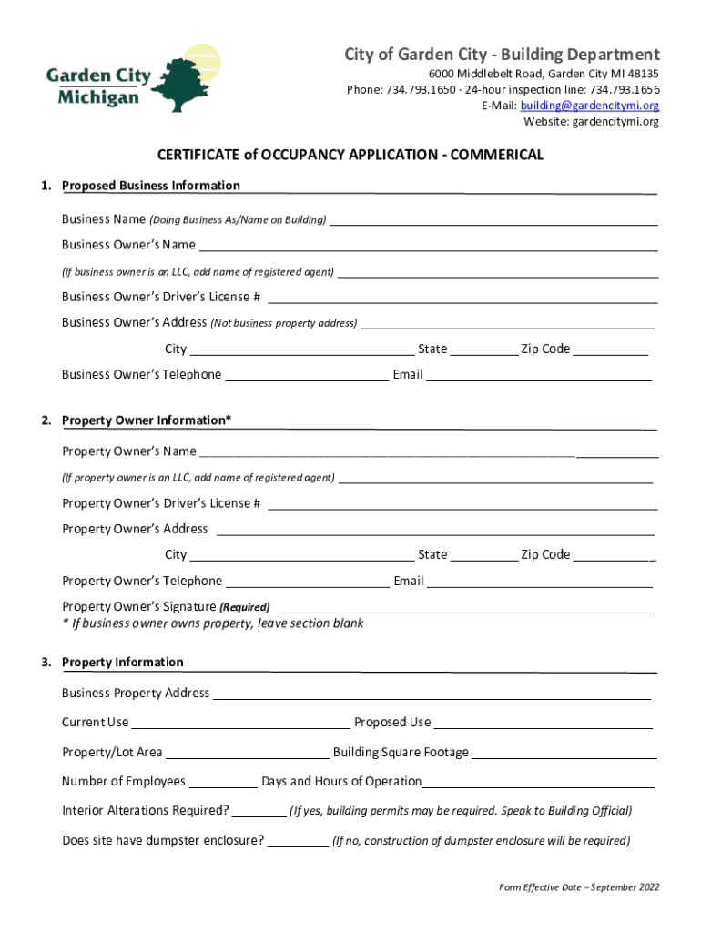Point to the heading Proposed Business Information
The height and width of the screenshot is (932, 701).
pos(151,186)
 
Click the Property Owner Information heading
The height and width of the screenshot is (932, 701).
pos(146,420)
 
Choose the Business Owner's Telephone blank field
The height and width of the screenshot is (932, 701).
pos(307,376)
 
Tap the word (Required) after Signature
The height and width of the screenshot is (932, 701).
pos(245,607)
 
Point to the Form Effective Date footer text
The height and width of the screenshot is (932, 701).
pos(579,887)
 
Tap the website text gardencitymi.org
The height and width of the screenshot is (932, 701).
pos(615,122)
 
